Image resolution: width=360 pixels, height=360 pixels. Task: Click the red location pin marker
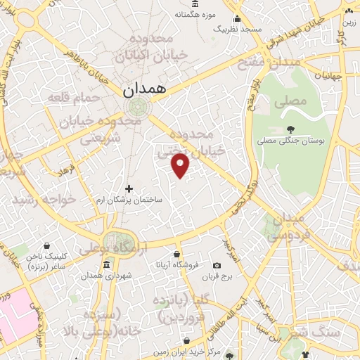click(181, 165)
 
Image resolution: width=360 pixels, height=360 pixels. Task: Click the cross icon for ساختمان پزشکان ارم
click(129, 188)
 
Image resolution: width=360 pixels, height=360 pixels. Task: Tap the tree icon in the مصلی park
click(290, 129)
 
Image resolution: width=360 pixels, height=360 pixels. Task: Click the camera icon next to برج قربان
click(217, 265)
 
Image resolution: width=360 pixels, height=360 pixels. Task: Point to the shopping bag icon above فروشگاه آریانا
click(176, 255)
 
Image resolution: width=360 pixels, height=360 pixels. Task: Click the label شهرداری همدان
click(106, 276)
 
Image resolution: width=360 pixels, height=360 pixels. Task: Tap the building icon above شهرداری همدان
click(106, 264)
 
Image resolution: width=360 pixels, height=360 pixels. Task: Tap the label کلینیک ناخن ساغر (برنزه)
click(46, 262)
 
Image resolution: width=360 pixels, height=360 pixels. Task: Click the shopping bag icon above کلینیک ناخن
click(46, 246)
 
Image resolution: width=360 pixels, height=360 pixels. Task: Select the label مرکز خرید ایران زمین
click(209, 349)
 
